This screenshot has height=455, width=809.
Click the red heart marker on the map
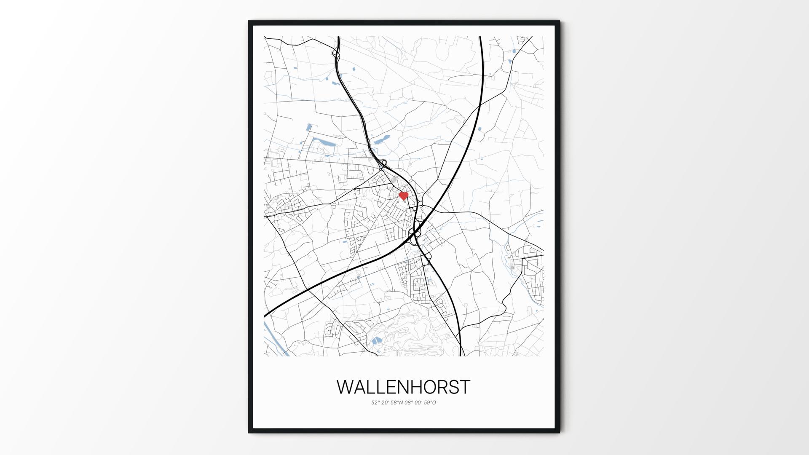(404, 196)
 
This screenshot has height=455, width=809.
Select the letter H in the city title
(414, 387)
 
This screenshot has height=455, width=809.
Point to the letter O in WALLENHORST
(429, 387)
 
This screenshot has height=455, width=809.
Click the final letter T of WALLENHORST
(465, 387)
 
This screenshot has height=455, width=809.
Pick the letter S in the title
(453, 387)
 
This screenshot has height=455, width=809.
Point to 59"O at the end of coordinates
(430, 403)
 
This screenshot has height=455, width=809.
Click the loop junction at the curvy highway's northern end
(336, 54)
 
